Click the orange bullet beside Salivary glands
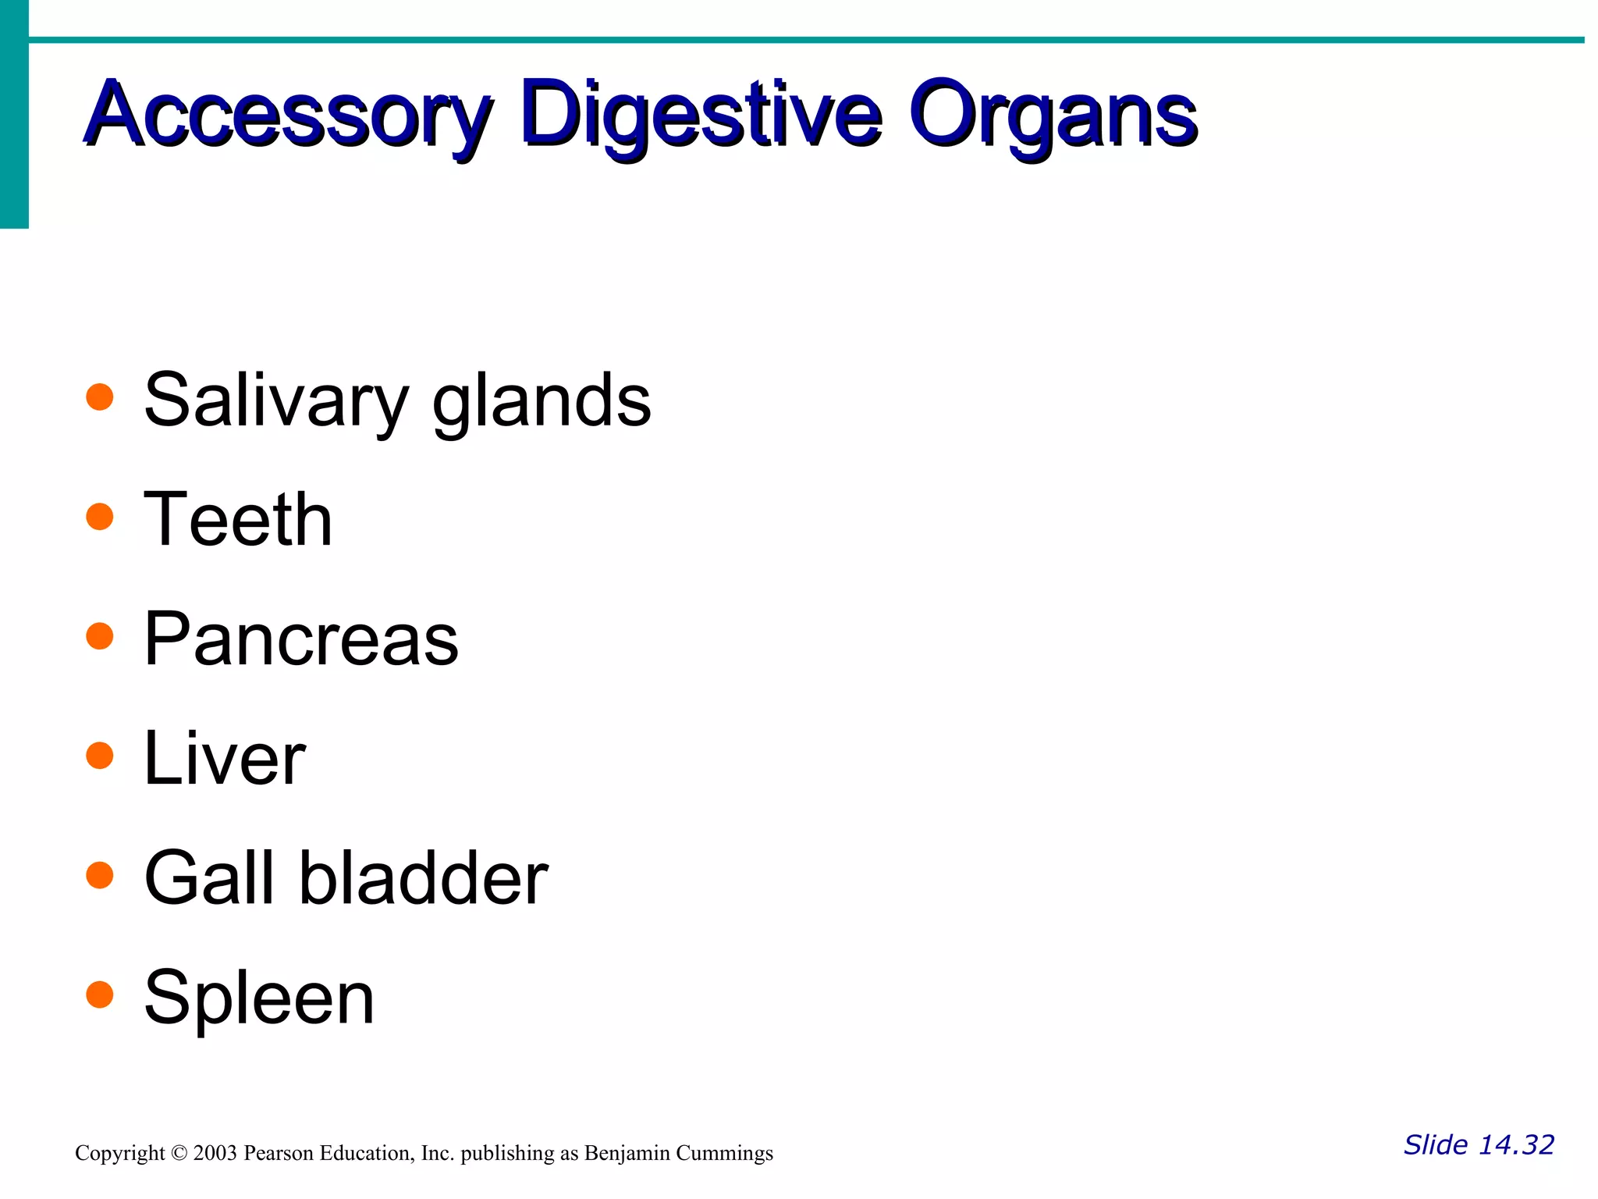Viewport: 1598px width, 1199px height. point(100,397)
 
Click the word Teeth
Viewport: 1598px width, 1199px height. point(238,520)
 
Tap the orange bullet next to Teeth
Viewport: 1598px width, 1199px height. point(100,516)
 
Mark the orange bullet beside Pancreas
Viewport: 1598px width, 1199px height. point(100,635)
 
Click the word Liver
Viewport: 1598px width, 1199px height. point(225,759)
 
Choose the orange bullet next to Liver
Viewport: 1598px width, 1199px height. point(100,755)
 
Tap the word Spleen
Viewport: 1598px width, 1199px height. point(259,999)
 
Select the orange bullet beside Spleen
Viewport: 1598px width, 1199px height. point(100,994)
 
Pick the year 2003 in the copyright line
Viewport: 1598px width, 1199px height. point(215,1154)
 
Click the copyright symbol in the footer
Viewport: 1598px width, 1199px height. point(179,1154)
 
